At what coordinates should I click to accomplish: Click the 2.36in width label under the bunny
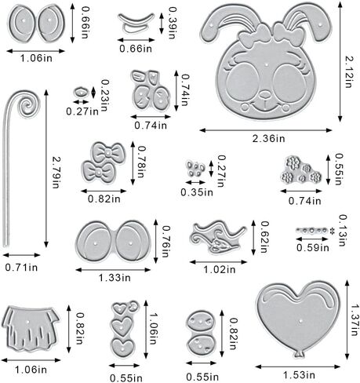(x=268, y=138)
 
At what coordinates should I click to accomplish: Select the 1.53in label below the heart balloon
(x=299, y=374)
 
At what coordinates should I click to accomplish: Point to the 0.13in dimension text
(x=343, y=230)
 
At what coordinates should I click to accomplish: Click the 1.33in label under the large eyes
(x=115, y=278)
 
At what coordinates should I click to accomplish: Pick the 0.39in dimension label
(x=173, y=23)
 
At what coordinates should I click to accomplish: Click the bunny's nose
(x=265, y=94)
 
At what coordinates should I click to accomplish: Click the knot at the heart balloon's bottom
(x=299, y=354)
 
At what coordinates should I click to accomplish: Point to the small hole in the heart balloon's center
(x=300, y=320)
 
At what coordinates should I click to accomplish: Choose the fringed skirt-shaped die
(x=31, y=328)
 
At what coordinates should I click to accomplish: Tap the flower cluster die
(x=300, y=170)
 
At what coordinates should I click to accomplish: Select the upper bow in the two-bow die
(x=107, y=152)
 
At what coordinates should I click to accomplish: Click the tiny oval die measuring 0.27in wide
(x=81, y=93)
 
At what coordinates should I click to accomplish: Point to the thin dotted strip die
(x=311, y=231)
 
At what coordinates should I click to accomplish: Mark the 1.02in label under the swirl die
(x=220, y=269)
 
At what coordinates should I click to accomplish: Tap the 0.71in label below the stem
(x=21, y=268)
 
